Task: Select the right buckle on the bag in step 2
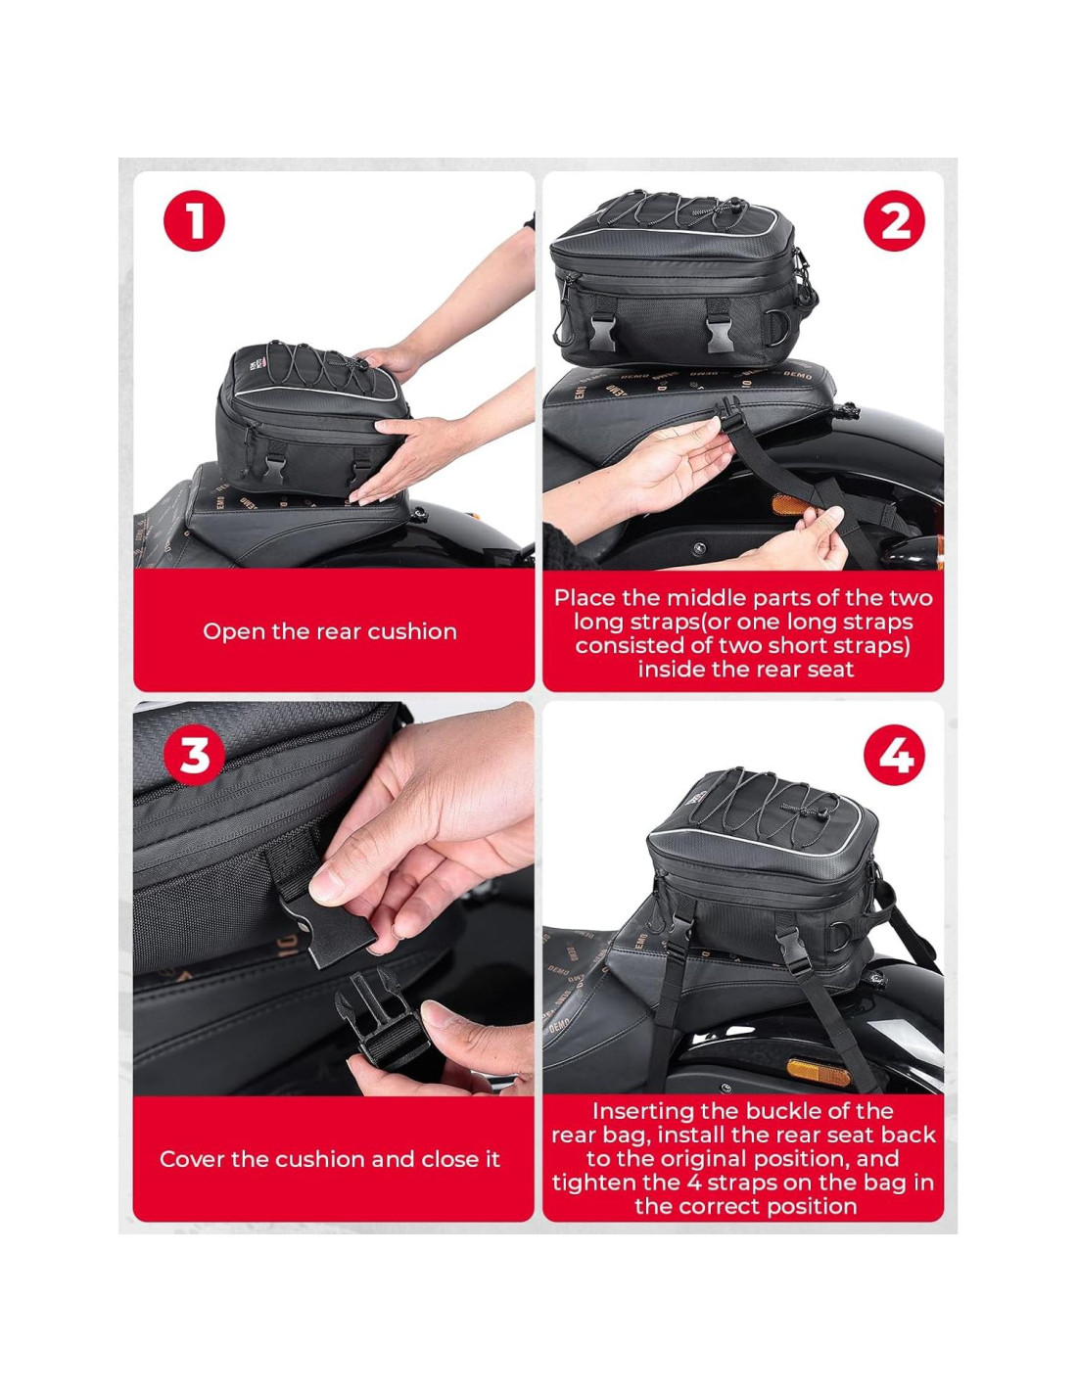point(721,333)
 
